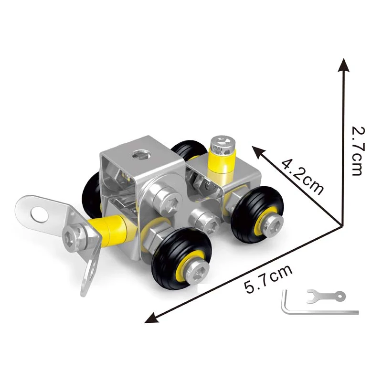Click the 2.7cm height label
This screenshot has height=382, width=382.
[x=358, y=151]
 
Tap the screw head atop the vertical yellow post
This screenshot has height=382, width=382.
[x=223, y=142]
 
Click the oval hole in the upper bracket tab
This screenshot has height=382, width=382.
[x=41, y=213]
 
